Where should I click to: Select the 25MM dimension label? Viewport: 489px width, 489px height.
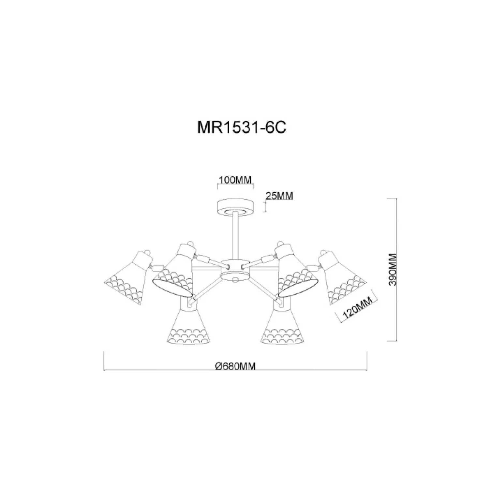tap(279, 196)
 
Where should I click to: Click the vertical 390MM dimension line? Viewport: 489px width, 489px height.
tap(395, 269)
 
